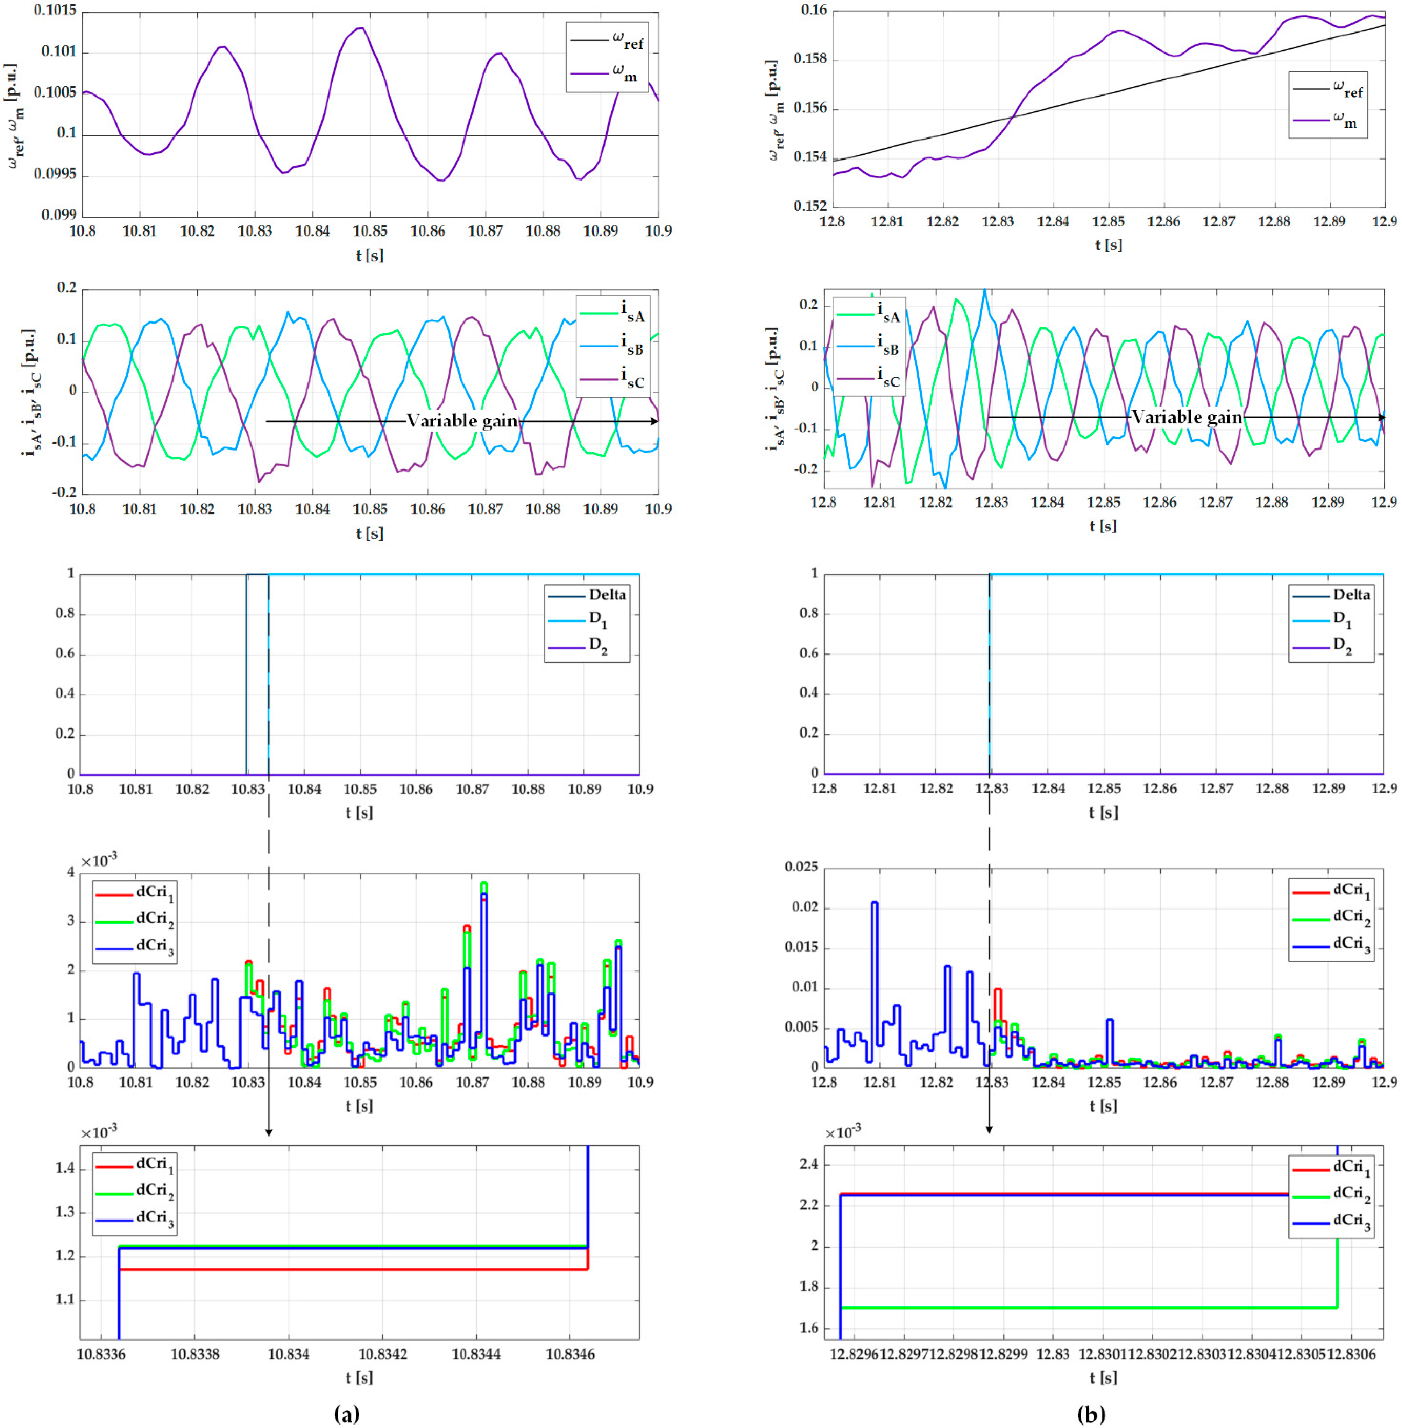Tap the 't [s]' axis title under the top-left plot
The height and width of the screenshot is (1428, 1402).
click(x=370, y=256)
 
